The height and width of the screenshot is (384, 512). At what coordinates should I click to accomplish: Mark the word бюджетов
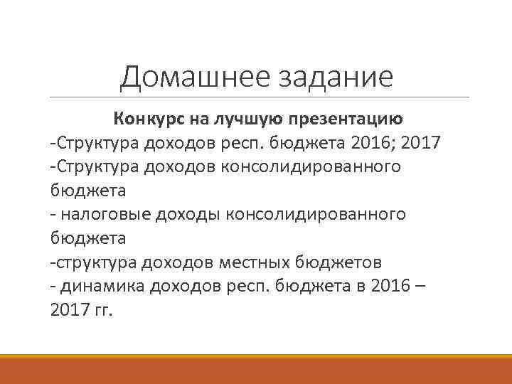pos(341,262)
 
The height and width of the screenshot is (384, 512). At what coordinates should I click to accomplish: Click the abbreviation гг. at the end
pos(102,311)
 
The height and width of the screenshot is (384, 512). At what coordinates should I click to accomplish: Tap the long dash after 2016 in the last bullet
pos(422,287)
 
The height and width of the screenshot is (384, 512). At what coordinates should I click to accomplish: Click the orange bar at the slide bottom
pos(256,369)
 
